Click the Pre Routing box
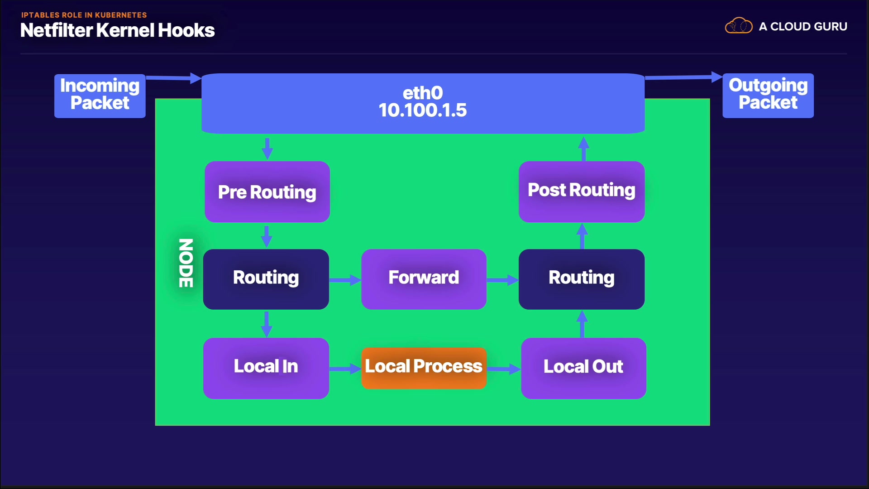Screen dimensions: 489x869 click(x=267, y=192)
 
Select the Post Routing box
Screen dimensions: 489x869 click(x=582, y=191)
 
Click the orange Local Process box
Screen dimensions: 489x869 click(x=424, y=367)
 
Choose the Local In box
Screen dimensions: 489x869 click(x=266, y=368)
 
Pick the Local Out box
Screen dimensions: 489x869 click(x=583, y=368)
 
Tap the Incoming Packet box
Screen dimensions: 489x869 click(x=100, y=96)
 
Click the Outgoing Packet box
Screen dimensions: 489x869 click(x=768, y=95)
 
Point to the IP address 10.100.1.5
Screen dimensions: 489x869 click(x=423, y=110)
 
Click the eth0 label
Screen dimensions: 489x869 click(x=423, y=93)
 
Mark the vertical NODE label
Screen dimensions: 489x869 click(x=186, y=263)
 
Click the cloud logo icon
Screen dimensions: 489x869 click(x=739, y=26)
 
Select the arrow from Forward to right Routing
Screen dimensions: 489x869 click(x=502, y=280)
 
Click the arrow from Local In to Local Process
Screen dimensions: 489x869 click(x=345, y=369)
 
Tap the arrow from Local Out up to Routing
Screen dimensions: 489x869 click(x=582, y=324)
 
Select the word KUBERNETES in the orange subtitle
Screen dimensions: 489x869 click(x=121, y=15)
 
